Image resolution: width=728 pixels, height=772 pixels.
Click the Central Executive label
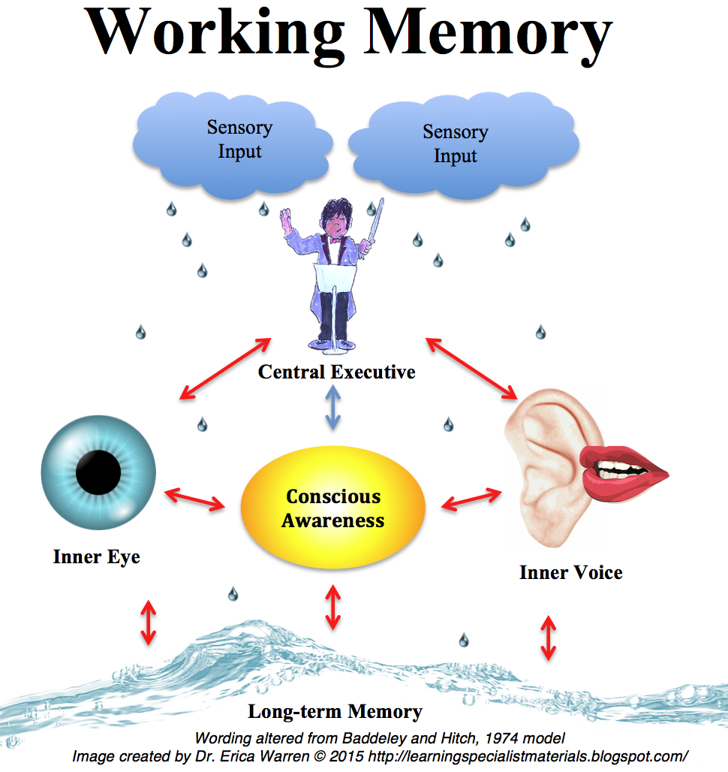coord(336,372)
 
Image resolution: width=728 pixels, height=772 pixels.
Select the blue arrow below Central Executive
coord(333,407)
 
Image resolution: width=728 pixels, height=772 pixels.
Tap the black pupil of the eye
coord(98,472)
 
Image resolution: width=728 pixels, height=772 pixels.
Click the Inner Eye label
coord(96,557)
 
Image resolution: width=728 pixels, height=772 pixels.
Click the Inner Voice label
coord(570,573)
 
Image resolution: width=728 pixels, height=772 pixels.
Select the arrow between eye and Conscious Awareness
coord(195,499)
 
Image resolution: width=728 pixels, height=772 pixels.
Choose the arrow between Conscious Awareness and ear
coord(471,499)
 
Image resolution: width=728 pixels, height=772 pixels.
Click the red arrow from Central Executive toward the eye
coord(225,368)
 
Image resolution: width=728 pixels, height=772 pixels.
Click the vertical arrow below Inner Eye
coord(149,622)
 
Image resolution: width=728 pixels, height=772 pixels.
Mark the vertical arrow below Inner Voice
coord(549,637)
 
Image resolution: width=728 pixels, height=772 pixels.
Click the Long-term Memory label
coord(335,711)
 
